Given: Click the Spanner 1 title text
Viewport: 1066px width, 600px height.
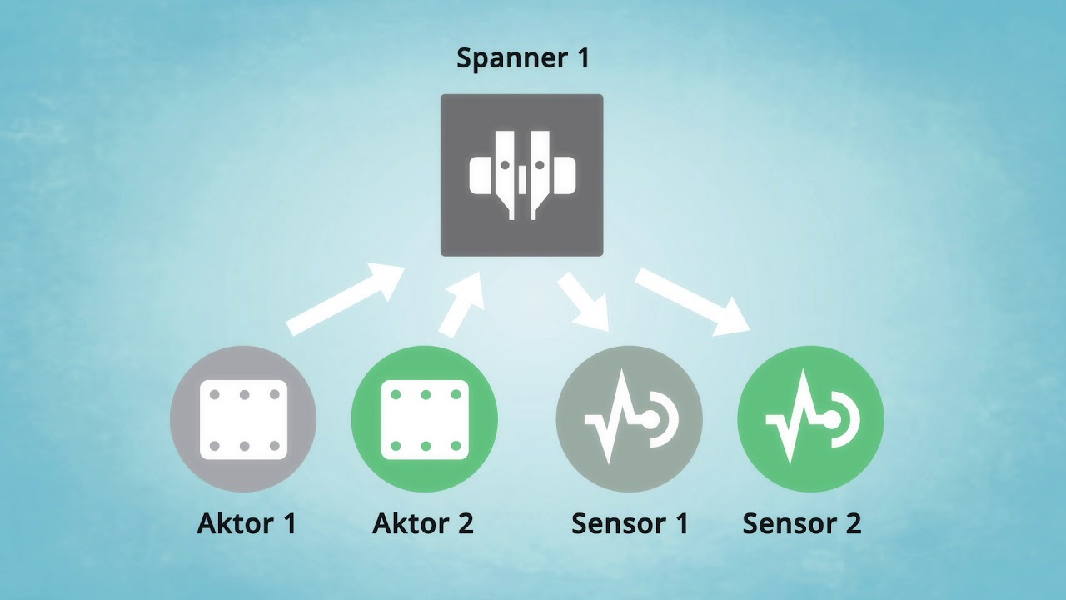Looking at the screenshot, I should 522,59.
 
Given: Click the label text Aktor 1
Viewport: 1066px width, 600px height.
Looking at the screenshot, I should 247,524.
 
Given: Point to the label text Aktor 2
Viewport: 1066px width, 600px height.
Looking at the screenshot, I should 423,524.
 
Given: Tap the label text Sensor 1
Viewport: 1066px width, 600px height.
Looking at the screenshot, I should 630,524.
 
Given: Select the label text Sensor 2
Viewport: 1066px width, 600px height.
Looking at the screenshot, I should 801,524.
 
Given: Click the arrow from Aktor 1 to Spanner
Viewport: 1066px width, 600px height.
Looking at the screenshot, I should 346,300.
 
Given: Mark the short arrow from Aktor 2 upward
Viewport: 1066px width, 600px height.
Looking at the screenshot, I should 463,305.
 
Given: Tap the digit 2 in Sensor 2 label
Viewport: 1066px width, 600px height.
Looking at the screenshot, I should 852,524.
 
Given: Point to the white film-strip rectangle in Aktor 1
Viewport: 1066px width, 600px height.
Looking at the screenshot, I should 243,419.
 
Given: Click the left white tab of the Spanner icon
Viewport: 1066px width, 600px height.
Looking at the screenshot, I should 481,175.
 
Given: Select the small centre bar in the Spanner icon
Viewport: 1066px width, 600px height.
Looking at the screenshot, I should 522,179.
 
